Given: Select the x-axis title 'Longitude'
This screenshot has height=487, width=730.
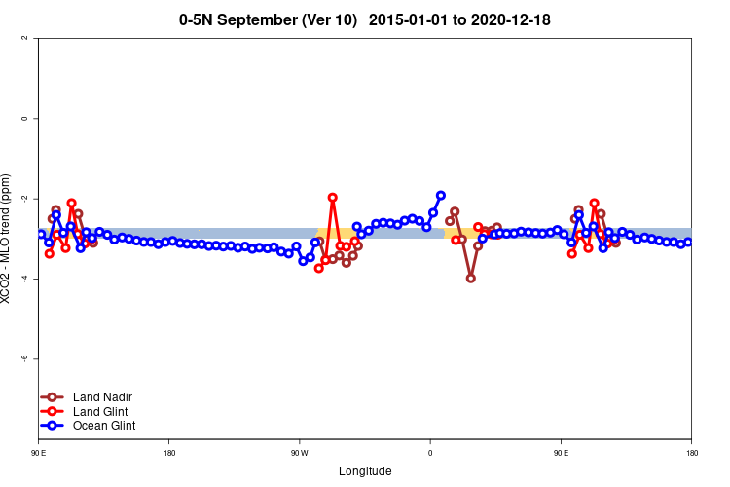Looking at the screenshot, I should tap(365, 471).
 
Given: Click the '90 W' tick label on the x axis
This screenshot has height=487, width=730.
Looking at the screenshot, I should tap(299, 453).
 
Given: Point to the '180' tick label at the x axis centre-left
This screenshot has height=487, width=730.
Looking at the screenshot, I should tap(169, 453).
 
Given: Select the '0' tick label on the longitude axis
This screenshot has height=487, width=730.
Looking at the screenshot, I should tap(430, 453).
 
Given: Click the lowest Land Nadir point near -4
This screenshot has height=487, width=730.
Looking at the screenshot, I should tap(471, 278).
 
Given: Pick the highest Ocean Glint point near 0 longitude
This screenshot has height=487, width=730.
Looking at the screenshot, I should tap(441, 196).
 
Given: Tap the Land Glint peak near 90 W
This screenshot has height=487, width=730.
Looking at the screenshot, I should tap(333, 198).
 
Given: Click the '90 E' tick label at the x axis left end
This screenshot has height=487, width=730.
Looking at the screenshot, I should tap(39, 453).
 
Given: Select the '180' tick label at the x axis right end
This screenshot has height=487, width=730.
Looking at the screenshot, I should tap(691, 453).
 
